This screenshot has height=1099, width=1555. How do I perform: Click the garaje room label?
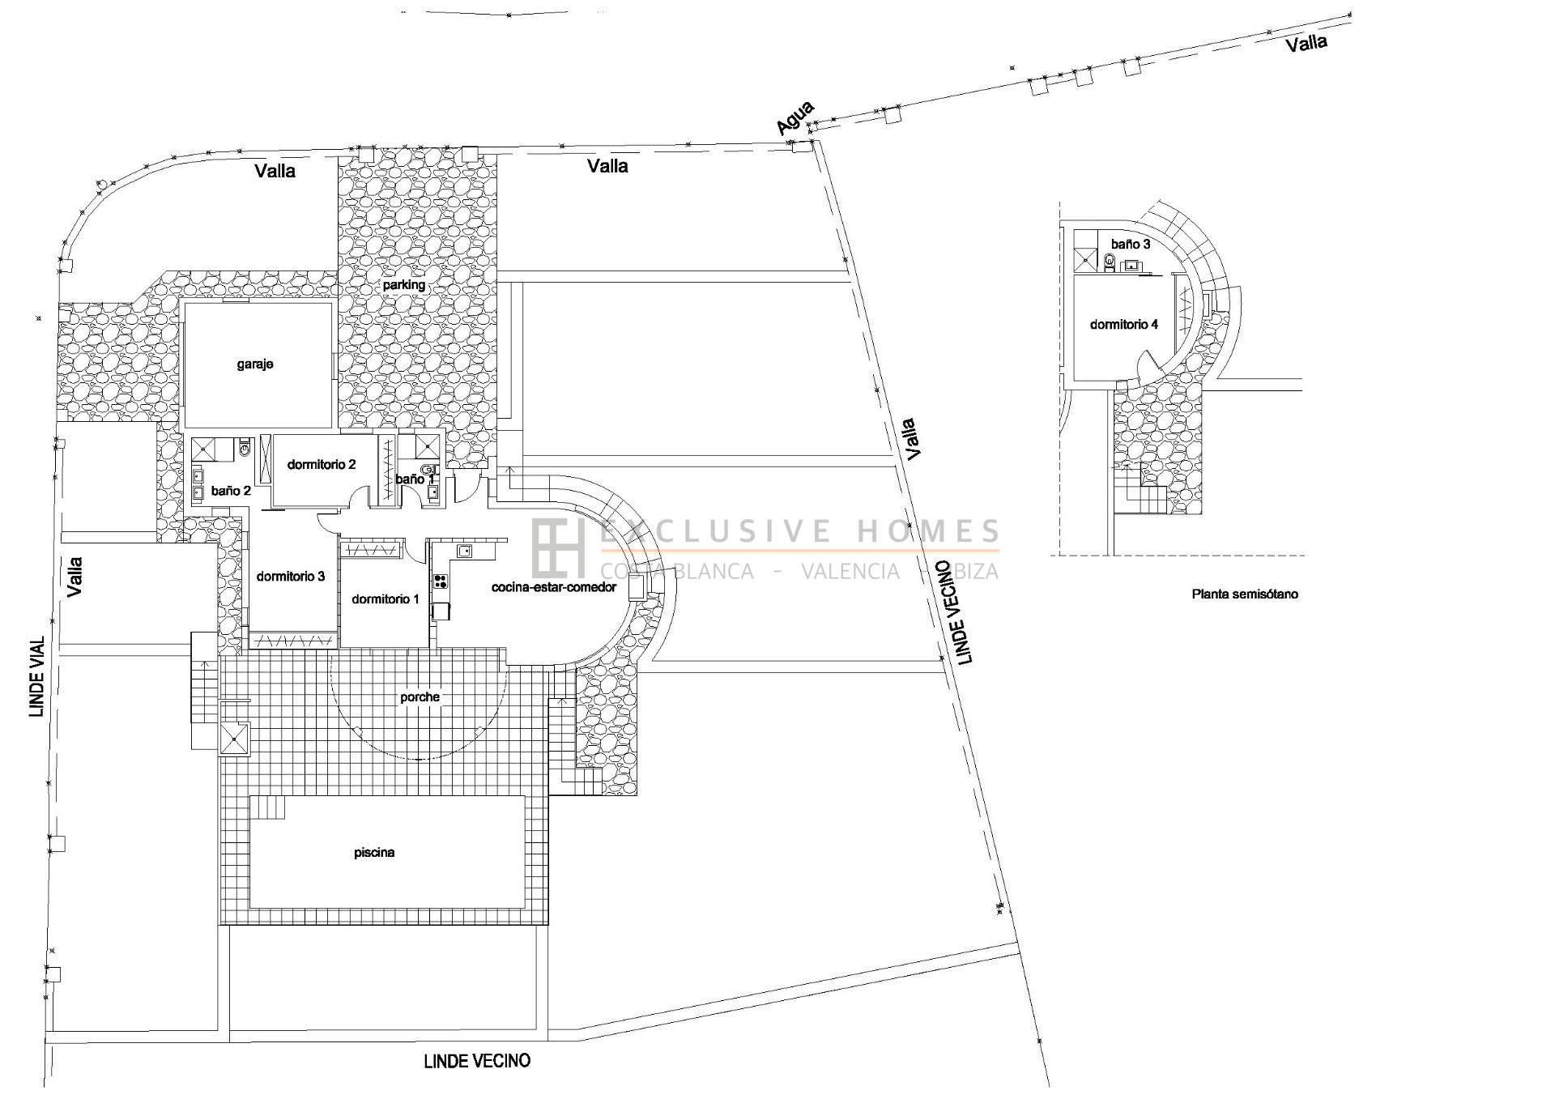[x=255, y=364]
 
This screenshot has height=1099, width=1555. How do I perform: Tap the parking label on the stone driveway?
[x=404, y=285]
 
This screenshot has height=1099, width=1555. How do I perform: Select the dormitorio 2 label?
[x=322, y=465]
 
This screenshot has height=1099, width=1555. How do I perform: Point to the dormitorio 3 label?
[x=291, y=577]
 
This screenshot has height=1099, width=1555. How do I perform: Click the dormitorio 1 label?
[x=386, y=599]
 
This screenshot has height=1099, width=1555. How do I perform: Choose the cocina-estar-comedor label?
[x=554, y=587]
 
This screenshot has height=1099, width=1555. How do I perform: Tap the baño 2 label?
[x=231, y=491]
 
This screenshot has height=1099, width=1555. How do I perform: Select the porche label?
[x=420, y=697]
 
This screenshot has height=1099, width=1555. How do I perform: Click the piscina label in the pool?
[x=374, y=853]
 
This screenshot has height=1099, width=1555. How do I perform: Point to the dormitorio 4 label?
[x=1124, y=325]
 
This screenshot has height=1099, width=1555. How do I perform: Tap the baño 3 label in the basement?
[x=1131, y=244]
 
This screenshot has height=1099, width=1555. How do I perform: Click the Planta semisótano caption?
[x=1245, y=594]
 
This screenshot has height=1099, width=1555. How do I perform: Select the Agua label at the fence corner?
[x=795, y=118]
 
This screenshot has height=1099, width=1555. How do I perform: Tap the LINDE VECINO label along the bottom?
[x=477, y=1061]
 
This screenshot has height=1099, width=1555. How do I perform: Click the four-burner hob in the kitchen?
[x=441, y=581]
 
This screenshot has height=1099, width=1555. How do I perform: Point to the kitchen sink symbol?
[x=465, y=552]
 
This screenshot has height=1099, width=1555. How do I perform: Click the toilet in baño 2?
[x=245, y=447]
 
